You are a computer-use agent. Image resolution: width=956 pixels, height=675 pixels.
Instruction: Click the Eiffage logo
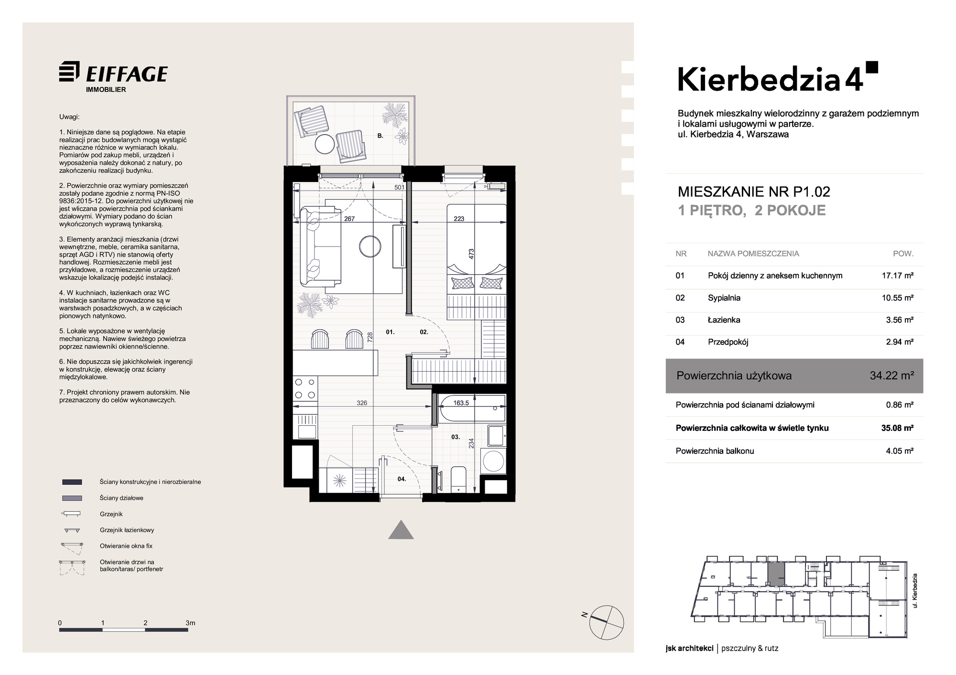tap(113, 77)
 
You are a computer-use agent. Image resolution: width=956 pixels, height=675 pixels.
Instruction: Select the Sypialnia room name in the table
tap(724, 298)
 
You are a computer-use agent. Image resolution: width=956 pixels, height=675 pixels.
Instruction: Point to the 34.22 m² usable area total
tap(892, 376)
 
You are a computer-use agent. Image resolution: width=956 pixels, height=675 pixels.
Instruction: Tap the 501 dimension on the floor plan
tap(399, 187)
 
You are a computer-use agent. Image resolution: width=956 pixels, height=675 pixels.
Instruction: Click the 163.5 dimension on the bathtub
tap(461, 403)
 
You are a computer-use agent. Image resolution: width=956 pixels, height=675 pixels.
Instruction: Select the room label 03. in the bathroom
tap(455, 437)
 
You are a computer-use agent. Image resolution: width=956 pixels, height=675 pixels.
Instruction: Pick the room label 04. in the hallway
tap(402, 479)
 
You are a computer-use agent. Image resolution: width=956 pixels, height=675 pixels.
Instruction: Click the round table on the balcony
tap(325, 143)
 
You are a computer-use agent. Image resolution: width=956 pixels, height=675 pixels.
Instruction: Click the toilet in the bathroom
tap(458, 479)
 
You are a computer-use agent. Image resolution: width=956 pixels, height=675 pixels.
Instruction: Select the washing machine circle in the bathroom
tap(493, 461)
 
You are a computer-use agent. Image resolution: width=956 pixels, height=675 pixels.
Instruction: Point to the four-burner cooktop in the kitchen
tap(305, 388)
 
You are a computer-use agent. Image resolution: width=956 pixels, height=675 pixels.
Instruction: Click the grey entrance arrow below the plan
tap(401, 529)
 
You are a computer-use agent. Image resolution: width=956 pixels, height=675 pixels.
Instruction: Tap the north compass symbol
tap(607, 621)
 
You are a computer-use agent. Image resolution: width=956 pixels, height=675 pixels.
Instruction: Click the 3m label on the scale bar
tap(190, 623)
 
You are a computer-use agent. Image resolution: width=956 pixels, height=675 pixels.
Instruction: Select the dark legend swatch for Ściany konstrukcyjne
tap(72, 482)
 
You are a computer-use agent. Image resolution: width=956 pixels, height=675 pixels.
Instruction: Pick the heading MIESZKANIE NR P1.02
tap(754, 192)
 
